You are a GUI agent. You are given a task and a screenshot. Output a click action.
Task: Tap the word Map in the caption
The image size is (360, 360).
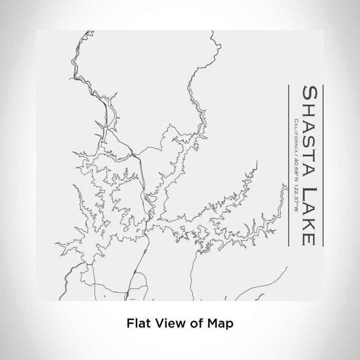(220, 323)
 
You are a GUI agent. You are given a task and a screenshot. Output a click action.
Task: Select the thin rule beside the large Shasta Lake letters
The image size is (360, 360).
(322, 165)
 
